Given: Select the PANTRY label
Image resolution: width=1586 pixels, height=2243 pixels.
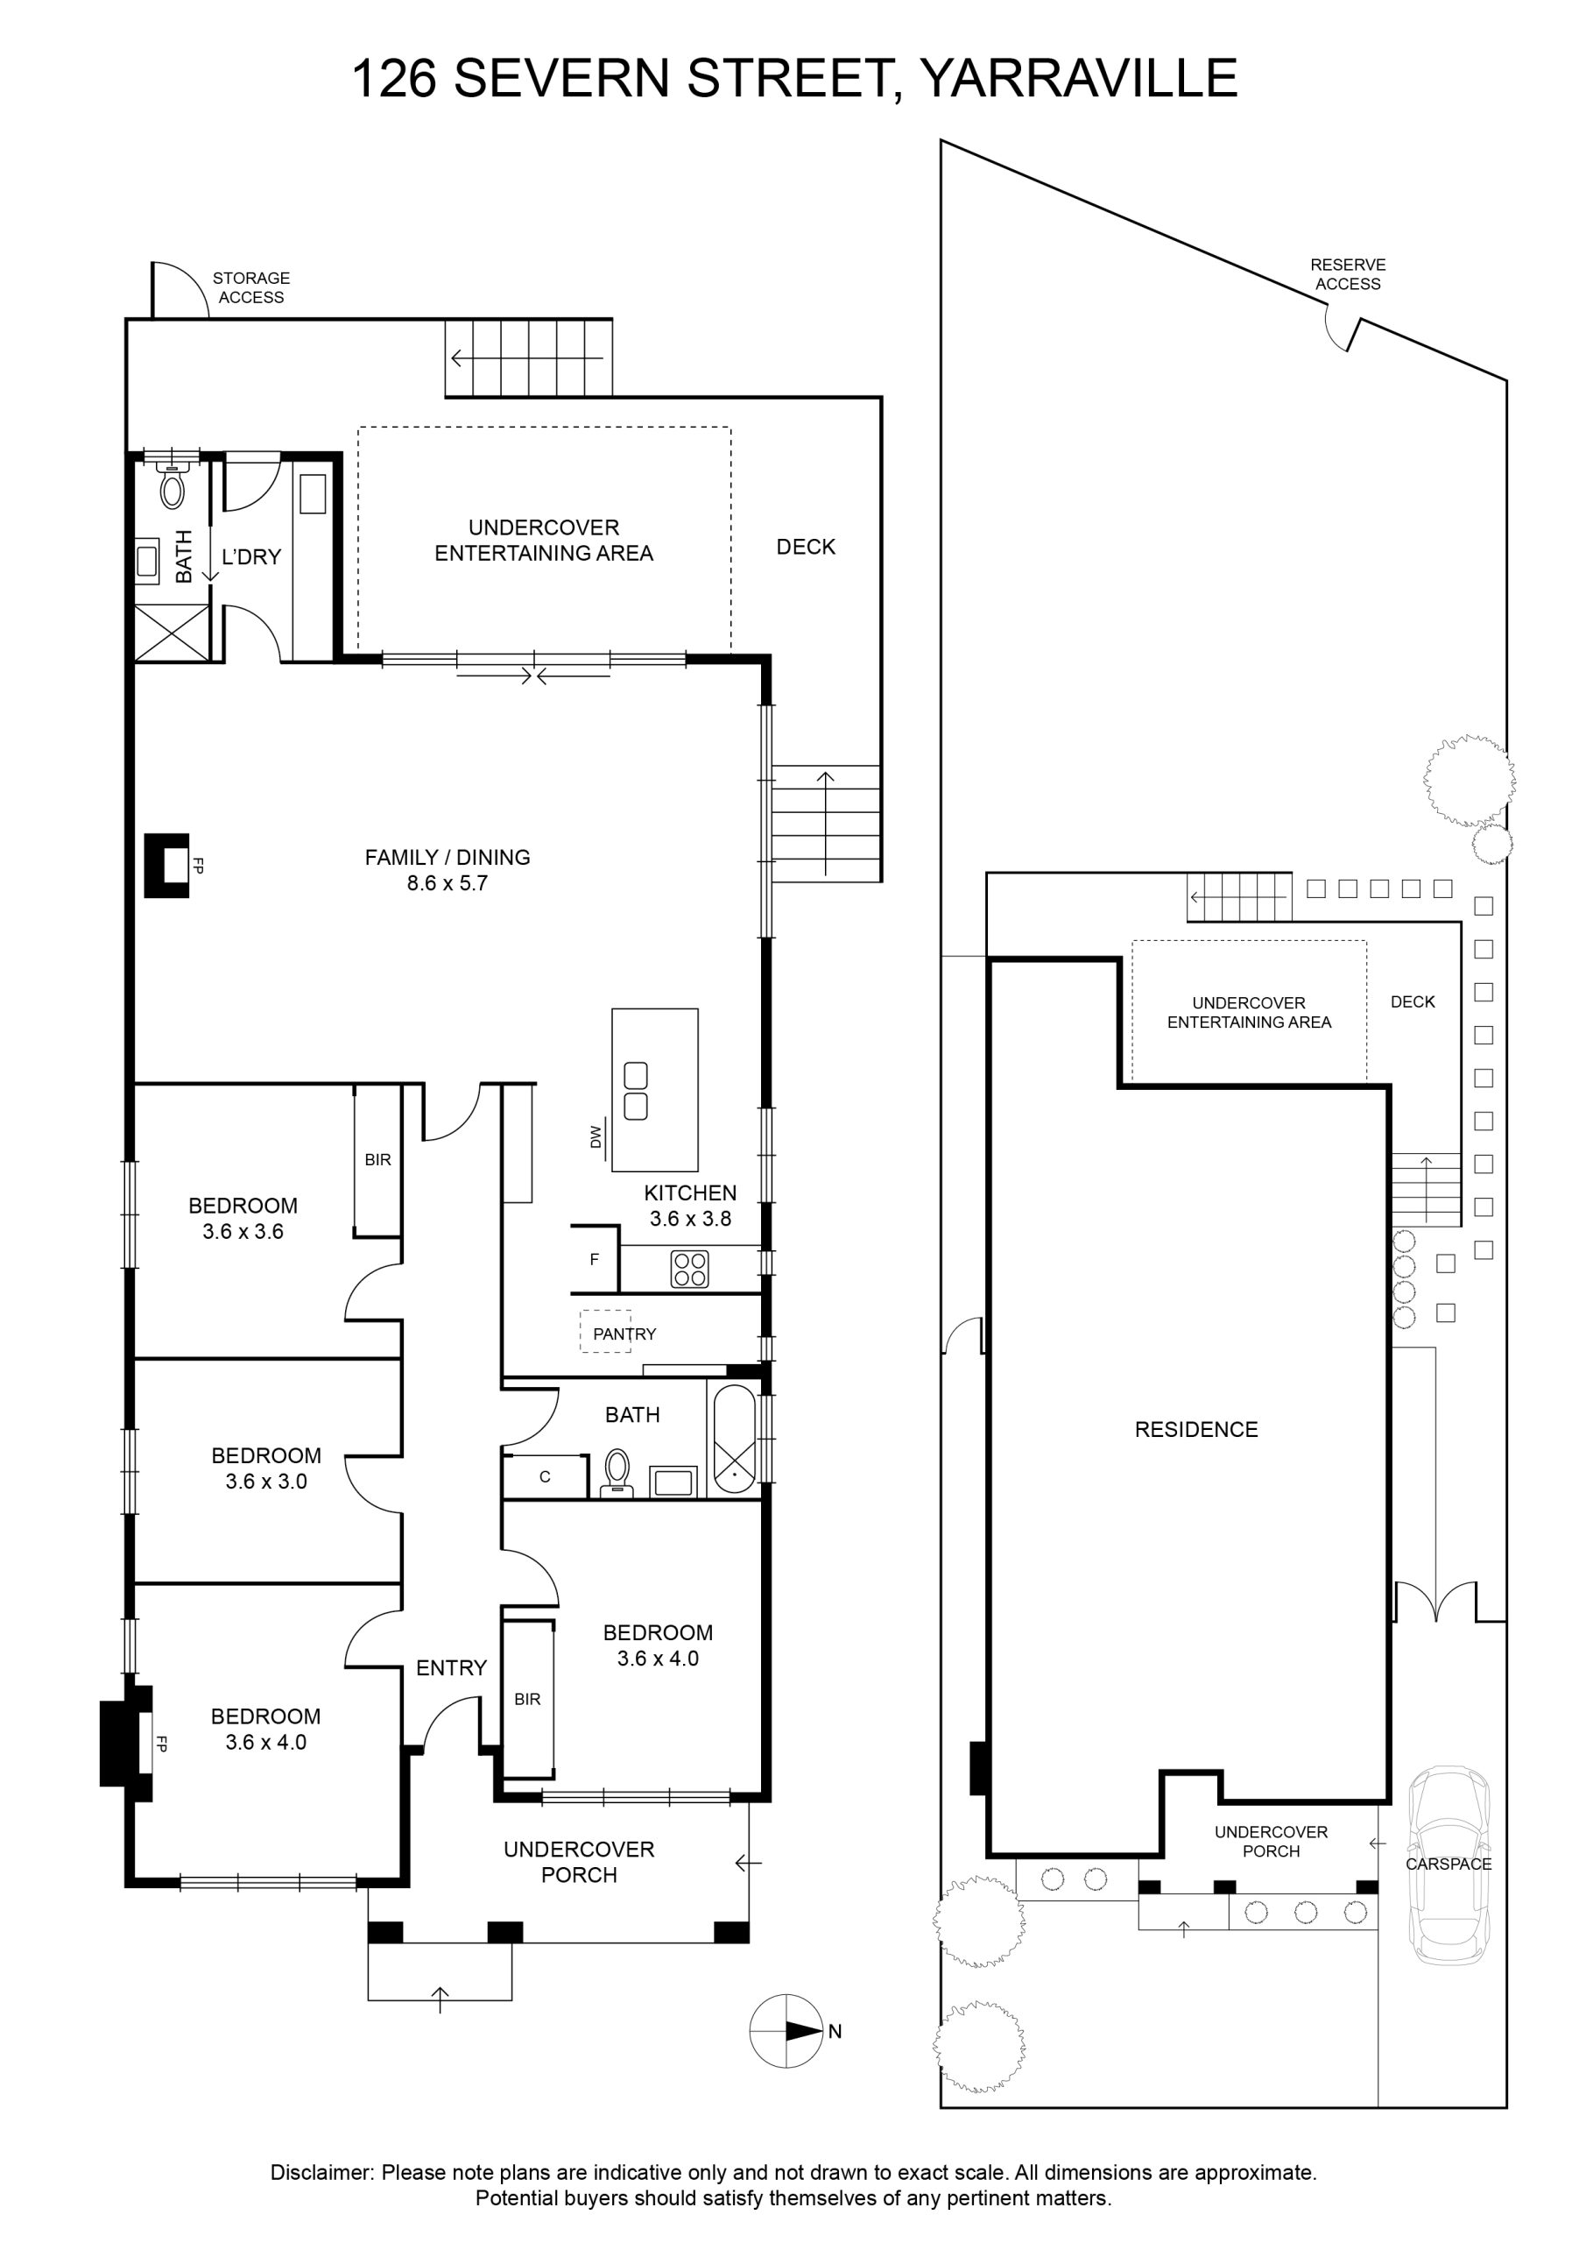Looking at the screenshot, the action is [x=624, y=1334].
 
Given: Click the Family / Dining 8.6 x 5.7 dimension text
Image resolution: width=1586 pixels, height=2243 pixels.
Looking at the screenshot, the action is [x=448, y=883].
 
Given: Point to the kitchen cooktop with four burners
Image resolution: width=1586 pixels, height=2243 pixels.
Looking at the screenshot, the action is [x=689, y=1269].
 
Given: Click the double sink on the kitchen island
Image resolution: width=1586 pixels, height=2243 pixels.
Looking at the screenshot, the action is [x=636, y=1090].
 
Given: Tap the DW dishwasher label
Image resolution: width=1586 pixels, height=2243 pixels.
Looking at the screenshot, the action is [x=596, y=1136].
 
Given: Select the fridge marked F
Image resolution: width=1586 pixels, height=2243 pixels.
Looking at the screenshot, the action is [x=594, y=1259].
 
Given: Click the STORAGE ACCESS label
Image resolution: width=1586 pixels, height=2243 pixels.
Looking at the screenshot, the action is [x=251, y=287].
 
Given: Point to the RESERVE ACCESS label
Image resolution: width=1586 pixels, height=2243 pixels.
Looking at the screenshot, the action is [x=1348, y=273].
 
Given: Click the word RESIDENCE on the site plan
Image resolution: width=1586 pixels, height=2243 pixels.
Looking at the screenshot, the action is [x=1196, y=1429].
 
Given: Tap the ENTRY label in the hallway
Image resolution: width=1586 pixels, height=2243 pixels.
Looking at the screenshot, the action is [x=451, y=1667].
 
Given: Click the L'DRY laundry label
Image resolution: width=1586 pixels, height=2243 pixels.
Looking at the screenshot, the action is [x=251, y=557].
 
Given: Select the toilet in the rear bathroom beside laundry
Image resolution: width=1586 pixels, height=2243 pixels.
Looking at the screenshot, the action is [x=172, y=485].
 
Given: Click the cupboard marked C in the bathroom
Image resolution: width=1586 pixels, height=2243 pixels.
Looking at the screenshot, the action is [x=545, y=1476].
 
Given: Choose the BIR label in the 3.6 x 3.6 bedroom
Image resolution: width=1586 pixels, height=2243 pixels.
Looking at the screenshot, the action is [x=378, y=1159].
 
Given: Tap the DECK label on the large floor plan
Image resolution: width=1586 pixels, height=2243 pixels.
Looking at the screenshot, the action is [x=806, y=547].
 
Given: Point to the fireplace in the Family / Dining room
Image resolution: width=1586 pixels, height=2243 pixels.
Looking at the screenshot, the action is [x=166, y=865].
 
